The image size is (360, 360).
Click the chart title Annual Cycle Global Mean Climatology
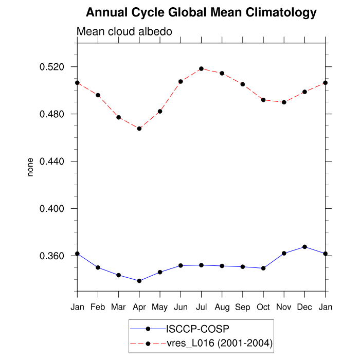pyautogui.click(x=201, y=12)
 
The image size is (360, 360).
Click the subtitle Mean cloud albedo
pyautogui.click(x=124, y=31)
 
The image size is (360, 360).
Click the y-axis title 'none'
pyautogui.click(x=30, y=168)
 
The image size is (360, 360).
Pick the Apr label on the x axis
pyautogui.click(x=139, y=307)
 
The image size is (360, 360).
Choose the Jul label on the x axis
pyautogui.click(x=201, y=307)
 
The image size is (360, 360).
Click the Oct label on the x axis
pyautogui.click(x=263, y=307)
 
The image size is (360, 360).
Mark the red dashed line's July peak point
pyautogui.click(x=201, y=68)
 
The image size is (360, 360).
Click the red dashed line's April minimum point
pyautogui.click(x=139, y=129)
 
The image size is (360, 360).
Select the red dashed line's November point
pyautogui.click(x=284, y=102)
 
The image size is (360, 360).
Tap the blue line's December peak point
pyautogui.click(x=304, y=247)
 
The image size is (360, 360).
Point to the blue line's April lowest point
pyautogui.click(x=139, y=281)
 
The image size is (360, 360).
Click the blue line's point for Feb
pyautogui.click(x=98, y=267)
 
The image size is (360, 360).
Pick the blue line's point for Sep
pyautogui.click(x=243, y=267)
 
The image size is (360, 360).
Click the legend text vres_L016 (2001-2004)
pyautogui.click(x=219, y=343)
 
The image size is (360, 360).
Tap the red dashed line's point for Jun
pyautogui.click(x=181, y=81)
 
